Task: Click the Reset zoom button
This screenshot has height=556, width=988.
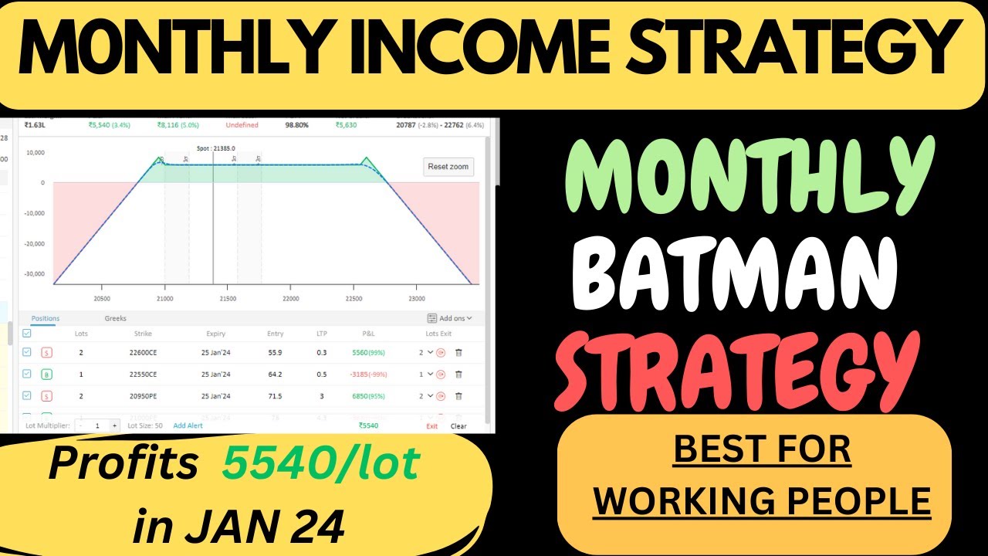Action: pyautogui.click(x=448, y=167)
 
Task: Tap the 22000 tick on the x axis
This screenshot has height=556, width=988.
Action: pyautogui.click(x=291, y=298)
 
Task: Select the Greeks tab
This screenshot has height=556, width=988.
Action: pyautogui.click(x=116, y=318)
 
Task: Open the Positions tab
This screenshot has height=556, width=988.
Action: pyautogui.click(x=45, y=318)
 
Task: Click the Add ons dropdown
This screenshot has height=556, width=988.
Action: pyautogui.click(x=450, y=318)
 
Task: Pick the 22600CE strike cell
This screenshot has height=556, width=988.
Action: pyautogui.click(x=143, y=353)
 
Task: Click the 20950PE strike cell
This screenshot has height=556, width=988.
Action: pyautogui.click(x=143, y=396)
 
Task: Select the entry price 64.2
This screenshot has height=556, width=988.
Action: pyautogui.click(x=275, y=375)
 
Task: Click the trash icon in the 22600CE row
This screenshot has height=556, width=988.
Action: pyautogui.click(x=458, y=353)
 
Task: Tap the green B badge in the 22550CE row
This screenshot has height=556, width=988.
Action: pyautogui.click(x=46, y=375)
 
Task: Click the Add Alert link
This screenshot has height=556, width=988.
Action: pyautogui.click(x=188, y=425)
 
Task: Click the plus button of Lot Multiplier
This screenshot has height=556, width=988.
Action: pyautogui.click(x=115, y=425)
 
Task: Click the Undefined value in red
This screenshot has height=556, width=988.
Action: pyautogui.click(x=242, y=125)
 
